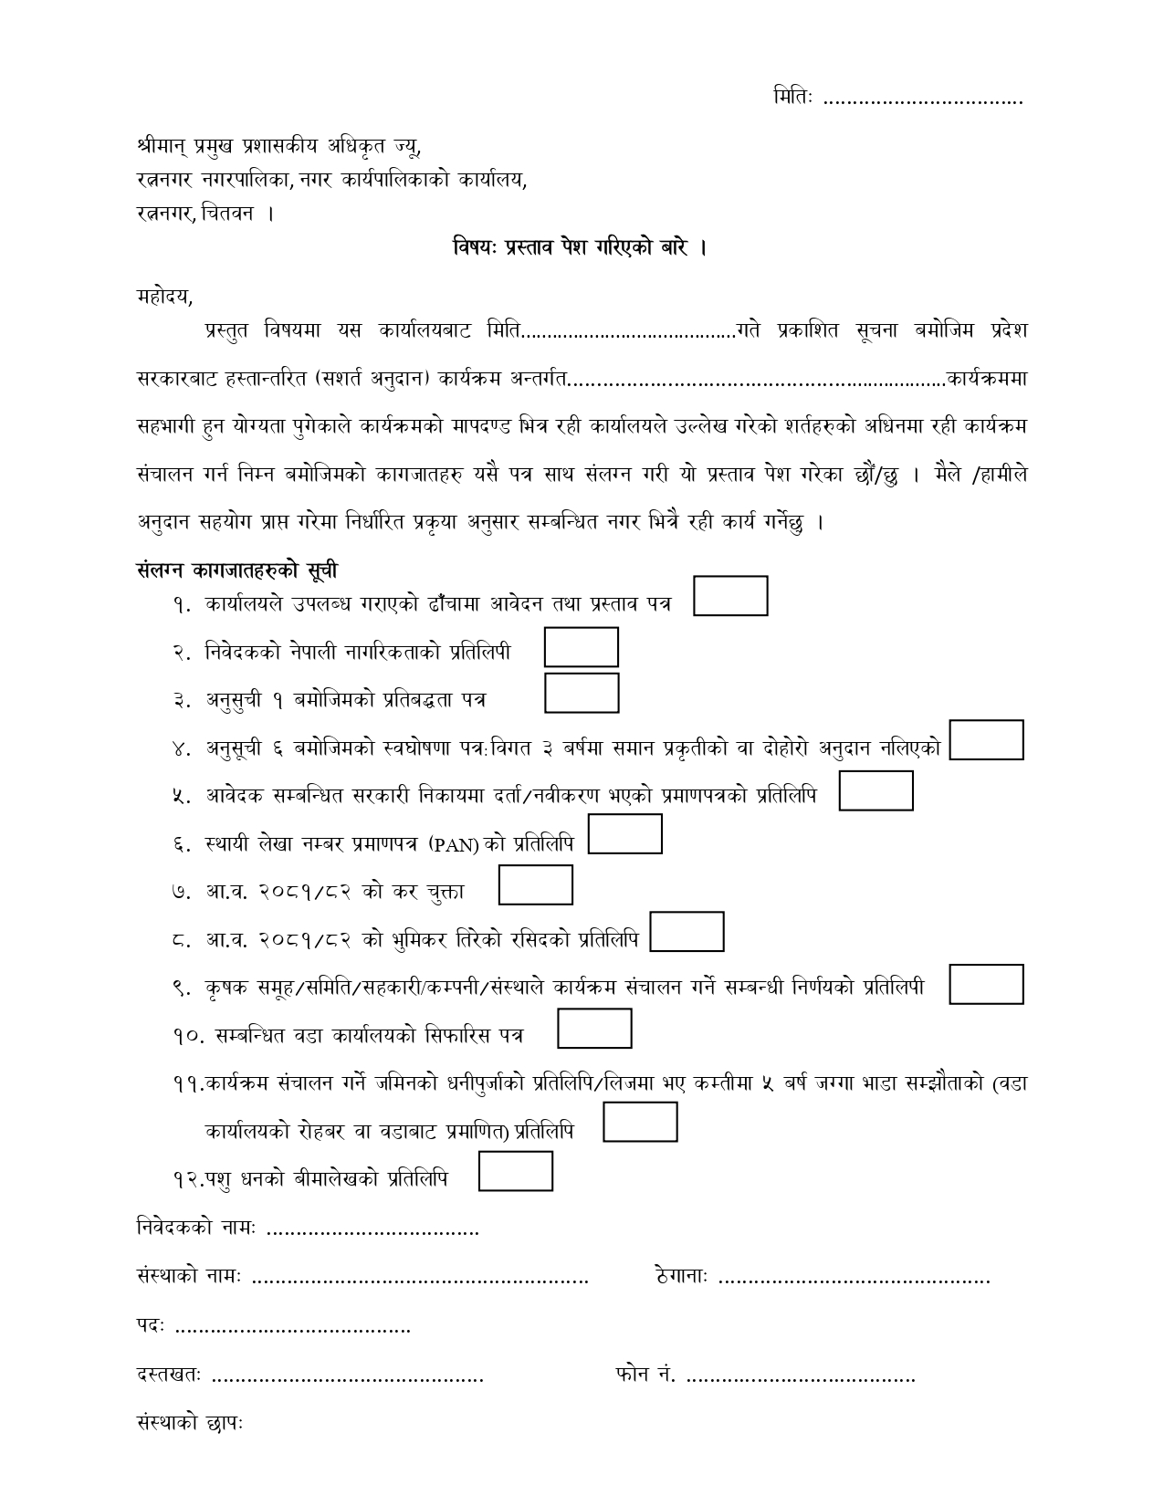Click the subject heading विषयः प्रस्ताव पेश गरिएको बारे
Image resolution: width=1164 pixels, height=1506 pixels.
(581, 247)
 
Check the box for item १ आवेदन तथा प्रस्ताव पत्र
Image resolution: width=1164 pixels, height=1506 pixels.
(730, 596)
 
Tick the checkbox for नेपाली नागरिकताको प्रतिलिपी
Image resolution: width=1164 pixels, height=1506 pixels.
(582, 647)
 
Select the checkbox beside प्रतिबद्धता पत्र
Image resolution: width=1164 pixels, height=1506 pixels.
(582, 693)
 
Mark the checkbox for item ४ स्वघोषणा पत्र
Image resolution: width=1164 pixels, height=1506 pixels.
(986, 739)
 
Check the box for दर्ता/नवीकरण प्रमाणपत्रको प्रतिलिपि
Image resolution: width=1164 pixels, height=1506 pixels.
(876, 790)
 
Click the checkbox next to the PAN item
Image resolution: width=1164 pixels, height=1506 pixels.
(624, 834)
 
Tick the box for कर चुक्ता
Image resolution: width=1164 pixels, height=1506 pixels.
(536, 885)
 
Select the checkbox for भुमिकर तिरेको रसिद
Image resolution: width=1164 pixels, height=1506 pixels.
(687, 932)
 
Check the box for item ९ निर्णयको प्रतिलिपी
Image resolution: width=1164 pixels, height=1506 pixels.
(986, 984)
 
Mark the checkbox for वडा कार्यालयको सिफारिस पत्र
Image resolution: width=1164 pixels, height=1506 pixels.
(594, 1029)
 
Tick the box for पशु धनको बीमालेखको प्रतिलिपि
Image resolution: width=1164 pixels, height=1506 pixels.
(516, 1171)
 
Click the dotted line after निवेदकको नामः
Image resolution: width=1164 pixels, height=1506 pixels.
(372, 1231)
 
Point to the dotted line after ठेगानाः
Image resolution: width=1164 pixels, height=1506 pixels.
(854, 1278)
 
